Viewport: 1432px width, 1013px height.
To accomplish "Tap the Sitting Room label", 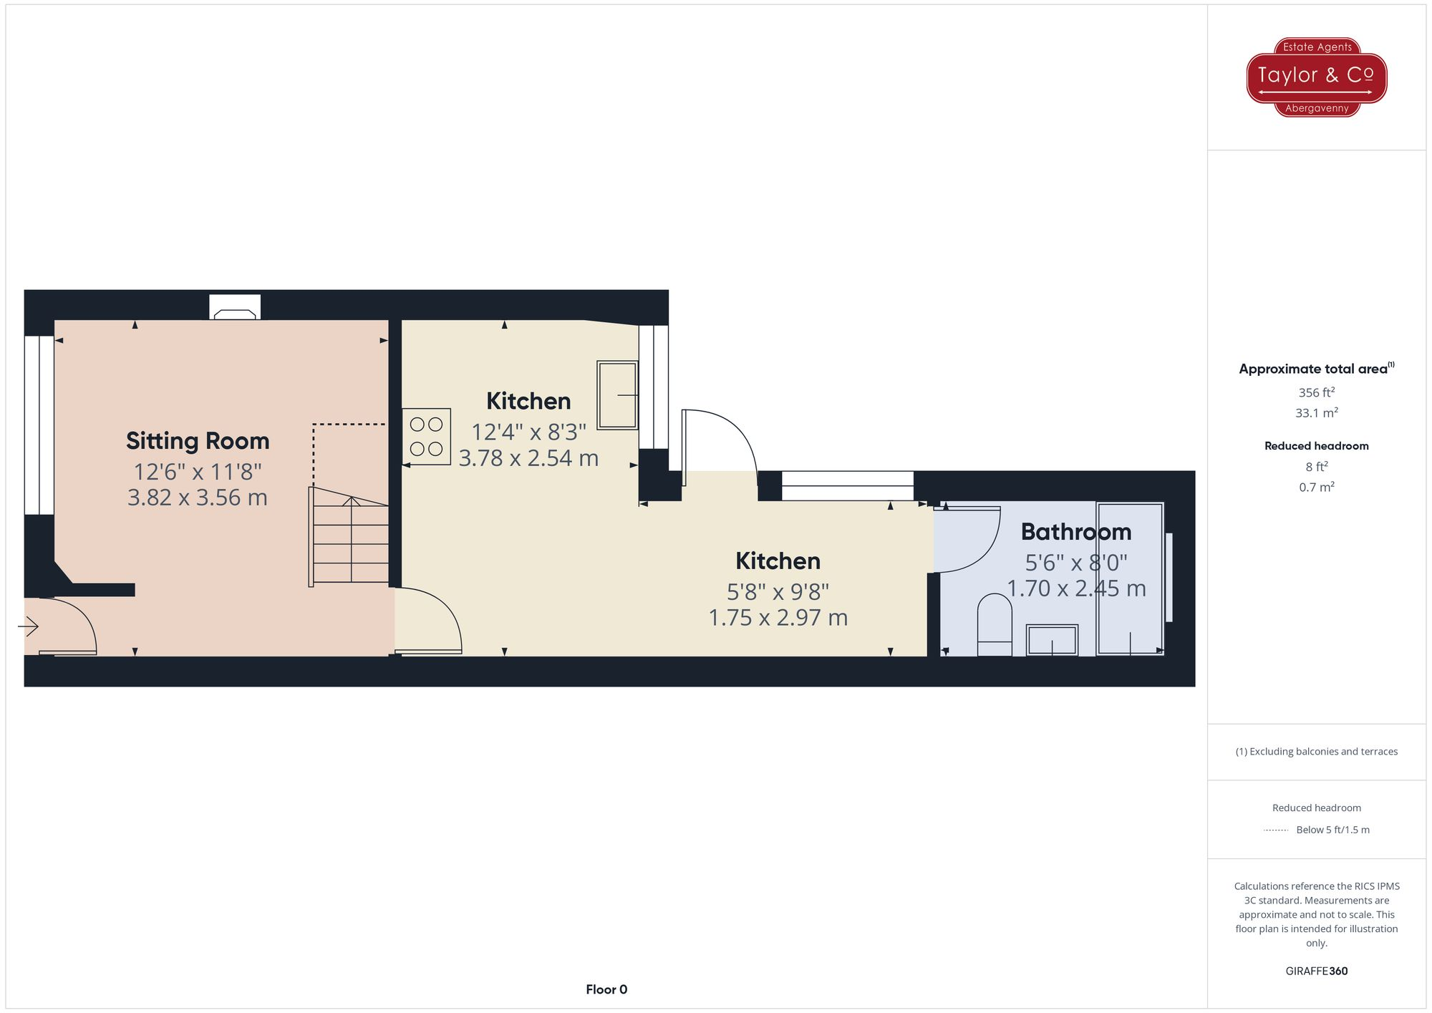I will tap(198, 441).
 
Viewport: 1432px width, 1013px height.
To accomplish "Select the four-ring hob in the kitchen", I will tap(426, 437).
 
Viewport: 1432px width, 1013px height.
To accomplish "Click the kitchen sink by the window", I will tap(616, 395).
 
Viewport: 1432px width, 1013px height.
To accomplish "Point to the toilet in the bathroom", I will tap(995, 624).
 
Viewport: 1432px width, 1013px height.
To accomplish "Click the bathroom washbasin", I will tap(1052, 640).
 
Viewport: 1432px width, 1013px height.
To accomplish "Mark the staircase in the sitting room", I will tap(350, 537).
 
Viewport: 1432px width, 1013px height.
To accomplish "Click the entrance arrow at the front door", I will tap(29, 627).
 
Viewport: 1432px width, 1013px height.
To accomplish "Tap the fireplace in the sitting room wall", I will tap(235, 308).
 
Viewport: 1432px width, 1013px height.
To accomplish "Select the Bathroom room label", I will tap(1075, 532).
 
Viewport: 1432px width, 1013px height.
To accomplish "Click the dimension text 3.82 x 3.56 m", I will tap(198, 498).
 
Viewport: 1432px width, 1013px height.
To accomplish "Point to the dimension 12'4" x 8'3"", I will tap(528, 432).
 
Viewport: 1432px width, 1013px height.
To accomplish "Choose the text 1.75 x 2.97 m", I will tap(778, 618).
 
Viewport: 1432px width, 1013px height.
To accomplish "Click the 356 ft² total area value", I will tap(1316, 392).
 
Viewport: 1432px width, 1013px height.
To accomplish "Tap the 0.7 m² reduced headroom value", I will tap(1316, 487).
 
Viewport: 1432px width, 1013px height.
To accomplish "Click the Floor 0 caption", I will tap(606, 989).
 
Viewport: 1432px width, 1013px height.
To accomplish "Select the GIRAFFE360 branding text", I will tap(1316, 971).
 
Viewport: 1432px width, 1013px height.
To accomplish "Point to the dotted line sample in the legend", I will tap(1276, 830).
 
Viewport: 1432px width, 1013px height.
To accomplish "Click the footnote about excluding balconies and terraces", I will tap(1316, 752).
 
